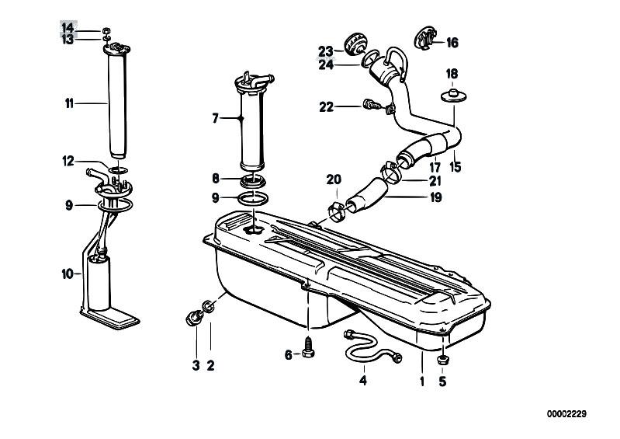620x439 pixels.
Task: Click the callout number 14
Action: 68,28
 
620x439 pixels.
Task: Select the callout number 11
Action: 69,103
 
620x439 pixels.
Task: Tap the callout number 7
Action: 215,118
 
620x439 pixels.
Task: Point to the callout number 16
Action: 452,43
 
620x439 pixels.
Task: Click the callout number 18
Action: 452,74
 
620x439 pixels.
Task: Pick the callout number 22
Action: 327,107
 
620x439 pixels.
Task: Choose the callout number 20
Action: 334,179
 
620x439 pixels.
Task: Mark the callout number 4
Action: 363,381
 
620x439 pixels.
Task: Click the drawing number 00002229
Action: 566,414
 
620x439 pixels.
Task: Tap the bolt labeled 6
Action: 308,347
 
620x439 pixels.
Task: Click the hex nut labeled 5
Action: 442,360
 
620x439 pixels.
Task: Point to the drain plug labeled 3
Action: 193,318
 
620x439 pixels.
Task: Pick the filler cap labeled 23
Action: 355,45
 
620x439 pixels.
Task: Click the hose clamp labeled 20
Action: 338,211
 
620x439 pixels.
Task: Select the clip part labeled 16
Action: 425,39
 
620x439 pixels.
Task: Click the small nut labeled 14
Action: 106,30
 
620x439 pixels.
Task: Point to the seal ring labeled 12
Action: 118,170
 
